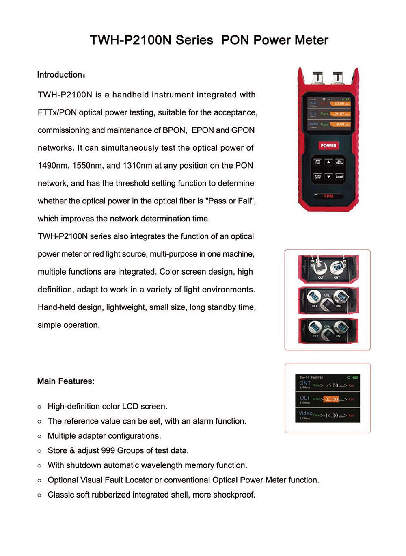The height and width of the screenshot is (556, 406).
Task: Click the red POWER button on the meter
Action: [328, 146]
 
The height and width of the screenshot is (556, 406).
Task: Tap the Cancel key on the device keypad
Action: [339, 177]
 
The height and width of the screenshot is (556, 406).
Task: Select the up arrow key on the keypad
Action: [328, 162]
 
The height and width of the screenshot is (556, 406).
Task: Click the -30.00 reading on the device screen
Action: [340, 104]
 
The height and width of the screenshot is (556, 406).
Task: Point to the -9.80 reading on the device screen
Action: [340, 125]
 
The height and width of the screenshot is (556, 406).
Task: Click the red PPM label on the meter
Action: [328, 196]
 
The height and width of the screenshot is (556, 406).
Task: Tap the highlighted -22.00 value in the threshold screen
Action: [331, 399]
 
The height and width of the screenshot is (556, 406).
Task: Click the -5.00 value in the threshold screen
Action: [332, 385]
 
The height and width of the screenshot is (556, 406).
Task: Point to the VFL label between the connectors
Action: [327, 296]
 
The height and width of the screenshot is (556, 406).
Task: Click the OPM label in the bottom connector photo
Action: [327, 327]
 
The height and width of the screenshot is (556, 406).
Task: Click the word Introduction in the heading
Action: [60, 75]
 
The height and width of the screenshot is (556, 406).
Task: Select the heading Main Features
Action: [66, 381]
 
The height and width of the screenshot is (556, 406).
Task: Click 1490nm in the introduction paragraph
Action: [52, 166]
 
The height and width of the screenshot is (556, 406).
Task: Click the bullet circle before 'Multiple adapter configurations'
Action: [39, 436]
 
